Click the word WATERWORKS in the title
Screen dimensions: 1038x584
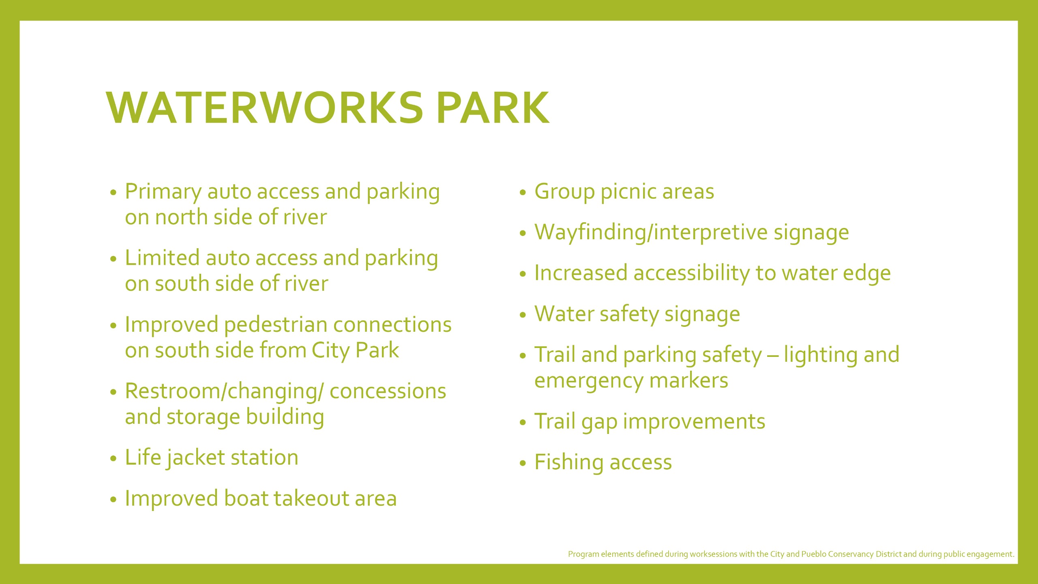click(x=265, y=107)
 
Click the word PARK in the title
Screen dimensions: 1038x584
click(x=493, y=107)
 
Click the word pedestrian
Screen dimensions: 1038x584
click(x=276, y=325)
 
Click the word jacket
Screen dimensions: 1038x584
click(x=196, y=458)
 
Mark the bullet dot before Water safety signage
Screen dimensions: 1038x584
click(x=523, y=315)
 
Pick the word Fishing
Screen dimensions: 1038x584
click(x=569, y=462)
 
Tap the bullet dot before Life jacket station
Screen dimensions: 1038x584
click(x=113, y=459)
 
